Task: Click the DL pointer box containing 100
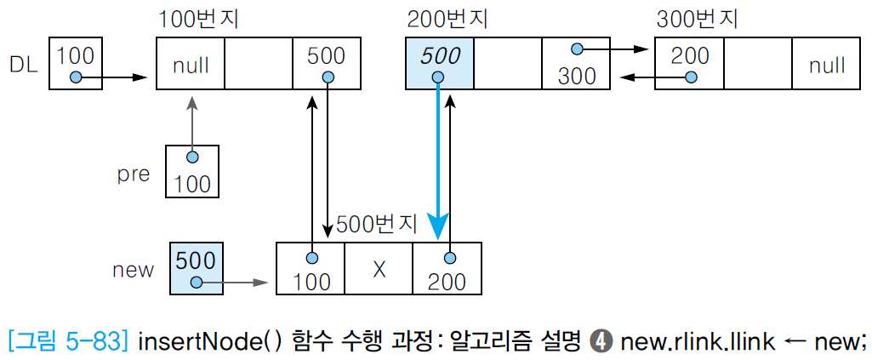pos(76,64)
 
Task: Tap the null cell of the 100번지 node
pos(190,64)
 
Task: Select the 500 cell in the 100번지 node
pos(327,64)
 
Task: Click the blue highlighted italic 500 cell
pos(439,64)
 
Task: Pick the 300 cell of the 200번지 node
pos(577,64)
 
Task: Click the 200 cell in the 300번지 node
pos(689,64)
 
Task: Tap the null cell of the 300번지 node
pos(826,64)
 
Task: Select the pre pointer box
pos(191,171)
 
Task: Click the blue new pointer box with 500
pos(197,269)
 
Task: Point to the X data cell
pos(379,269)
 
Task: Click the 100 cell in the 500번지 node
pos(311,269)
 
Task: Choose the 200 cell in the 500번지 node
pos(447,269)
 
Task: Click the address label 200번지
pos(447,19)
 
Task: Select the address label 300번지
pos(697,19)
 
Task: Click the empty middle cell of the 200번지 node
pos(507,64)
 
